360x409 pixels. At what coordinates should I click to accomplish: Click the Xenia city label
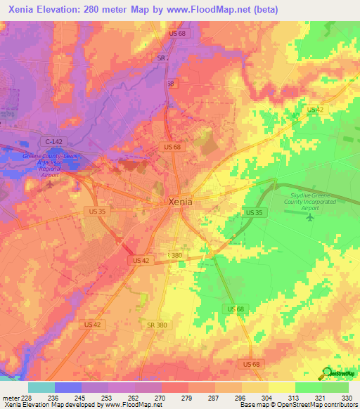click(181, 202)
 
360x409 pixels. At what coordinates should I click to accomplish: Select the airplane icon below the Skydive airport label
click(310, 215)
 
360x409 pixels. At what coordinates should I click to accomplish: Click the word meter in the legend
click(8, 397)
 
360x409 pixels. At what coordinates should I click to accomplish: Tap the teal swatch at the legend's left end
click(41, 387)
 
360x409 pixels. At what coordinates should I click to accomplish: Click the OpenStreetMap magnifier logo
click(327, 372)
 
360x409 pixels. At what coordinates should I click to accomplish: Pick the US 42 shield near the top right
click(315, 110)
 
